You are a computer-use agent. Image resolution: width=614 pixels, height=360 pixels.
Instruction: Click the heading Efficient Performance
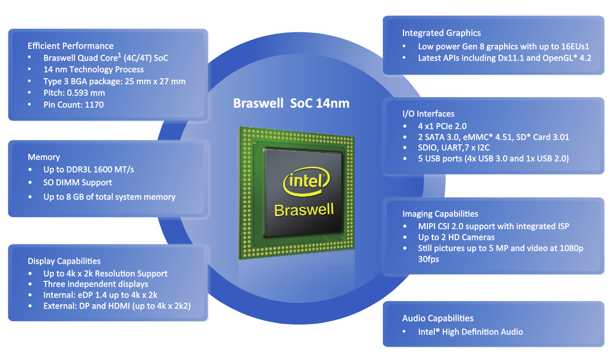pos(70,46)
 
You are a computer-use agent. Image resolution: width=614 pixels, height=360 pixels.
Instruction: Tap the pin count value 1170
pos(95,105)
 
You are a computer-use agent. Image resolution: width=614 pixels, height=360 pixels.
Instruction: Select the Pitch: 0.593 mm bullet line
pos(74,93)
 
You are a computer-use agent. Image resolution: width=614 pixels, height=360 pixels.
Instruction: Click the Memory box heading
pos(44,157)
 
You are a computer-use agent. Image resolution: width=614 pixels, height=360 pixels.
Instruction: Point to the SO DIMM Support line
pos(77,183)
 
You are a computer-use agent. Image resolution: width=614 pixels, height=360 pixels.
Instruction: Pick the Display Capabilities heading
pos(64,261)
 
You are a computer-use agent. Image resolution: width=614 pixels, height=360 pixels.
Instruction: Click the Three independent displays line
pos(96,284)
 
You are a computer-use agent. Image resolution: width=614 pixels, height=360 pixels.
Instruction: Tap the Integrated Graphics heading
pos(441,33)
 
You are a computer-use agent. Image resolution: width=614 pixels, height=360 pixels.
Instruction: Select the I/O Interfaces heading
pos(428,114)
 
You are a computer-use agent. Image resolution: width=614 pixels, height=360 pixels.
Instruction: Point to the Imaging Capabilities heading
pos(440,214)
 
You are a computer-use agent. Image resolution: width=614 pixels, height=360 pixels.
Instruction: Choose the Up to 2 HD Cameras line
pos(456,238)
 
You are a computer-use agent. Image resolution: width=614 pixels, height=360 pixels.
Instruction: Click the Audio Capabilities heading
pos(437,318)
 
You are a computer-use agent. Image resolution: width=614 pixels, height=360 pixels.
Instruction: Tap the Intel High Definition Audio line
pos(470,332)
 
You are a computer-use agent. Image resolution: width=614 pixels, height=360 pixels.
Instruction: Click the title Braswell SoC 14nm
pos(291,103)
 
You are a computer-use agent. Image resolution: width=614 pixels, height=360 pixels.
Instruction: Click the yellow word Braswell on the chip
pos(304,210)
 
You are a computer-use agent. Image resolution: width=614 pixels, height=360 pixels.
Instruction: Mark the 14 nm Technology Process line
pos(94,70)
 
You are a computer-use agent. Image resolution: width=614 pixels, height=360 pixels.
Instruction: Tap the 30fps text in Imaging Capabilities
pos(428,259)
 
